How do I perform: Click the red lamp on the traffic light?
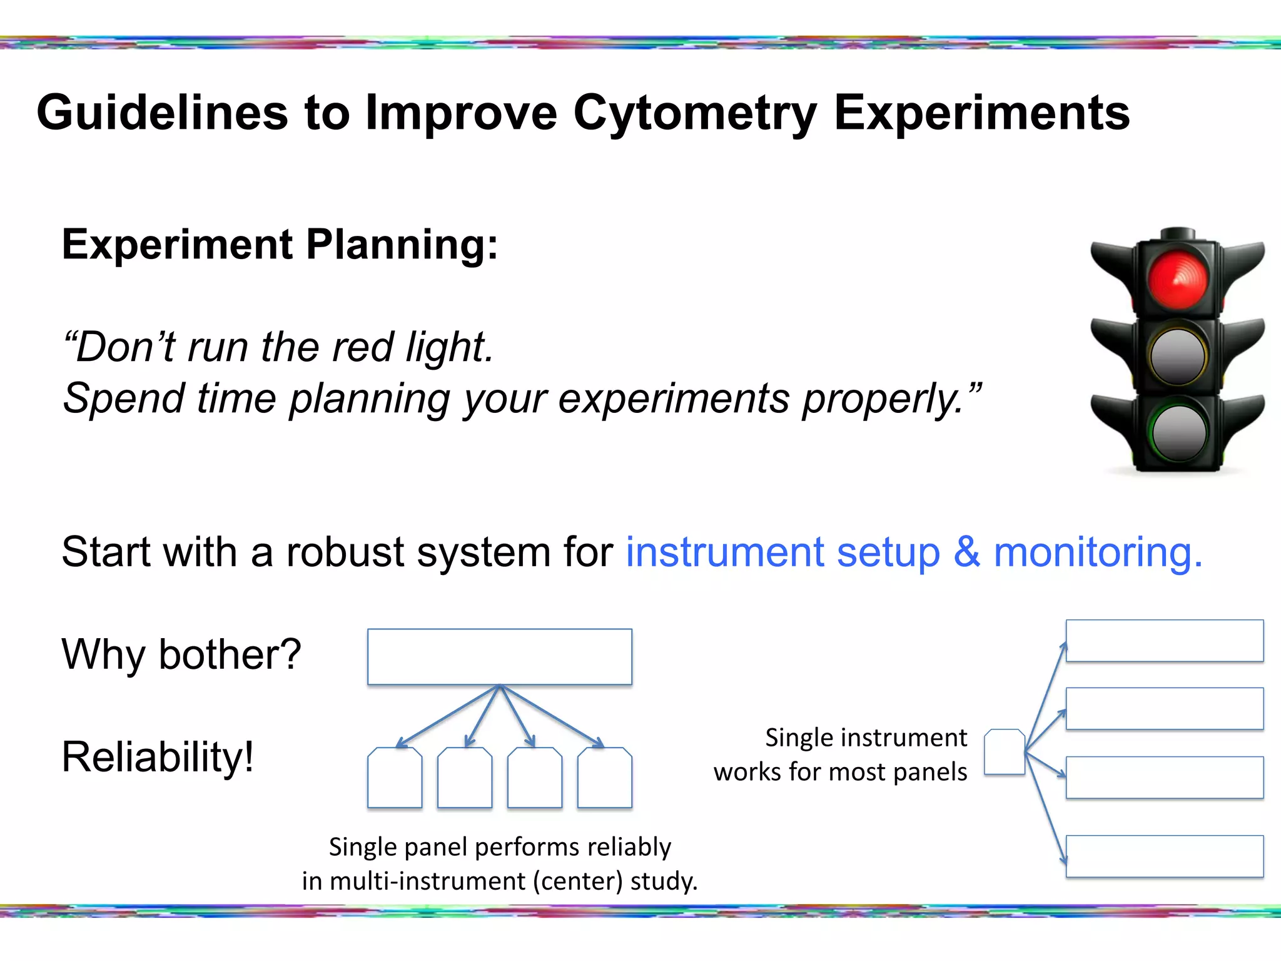coord(1177,279)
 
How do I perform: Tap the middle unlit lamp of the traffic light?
coord(1178,357)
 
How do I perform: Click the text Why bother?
coord(181,654)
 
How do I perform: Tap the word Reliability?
coord(158,757)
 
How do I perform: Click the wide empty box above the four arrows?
coord(499,657)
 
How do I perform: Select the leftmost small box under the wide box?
coord(395,778)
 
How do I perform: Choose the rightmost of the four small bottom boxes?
coord(604,778)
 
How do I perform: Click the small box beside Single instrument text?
coord(1004,752)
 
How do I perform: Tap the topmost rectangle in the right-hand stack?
coord(1164,641)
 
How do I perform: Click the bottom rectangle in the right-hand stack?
coord(1164,856)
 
